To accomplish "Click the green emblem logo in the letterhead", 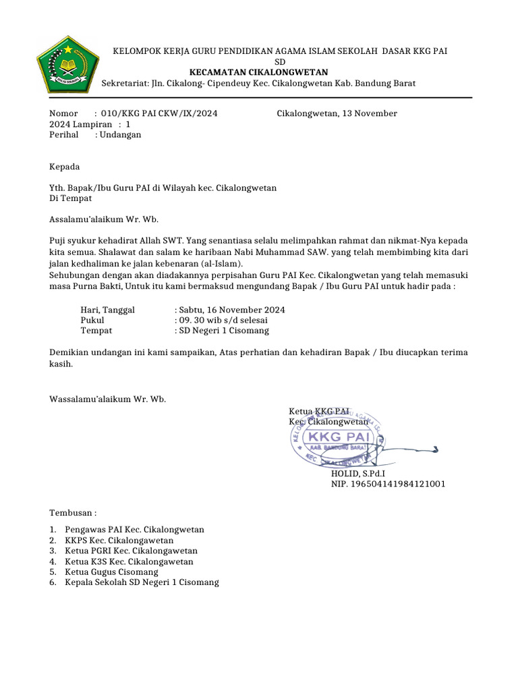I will tap(67, 66).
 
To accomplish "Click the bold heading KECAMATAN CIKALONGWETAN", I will tap(258, 72).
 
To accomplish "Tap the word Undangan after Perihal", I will tap(120, 134).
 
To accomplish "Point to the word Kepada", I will tap(65, 167).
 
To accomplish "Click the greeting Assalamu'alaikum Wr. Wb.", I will tap(103, 219).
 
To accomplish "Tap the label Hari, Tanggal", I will tap(108, 310).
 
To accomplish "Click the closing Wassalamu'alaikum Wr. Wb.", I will tap(107, 399).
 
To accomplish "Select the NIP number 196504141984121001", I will tap(388, 484).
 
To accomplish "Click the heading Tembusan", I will tap(73, 513).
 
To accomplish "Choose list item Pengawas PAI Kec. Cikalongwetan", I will tap(134, 530).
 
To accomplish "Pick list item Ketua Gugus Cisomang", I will tap(111, 572).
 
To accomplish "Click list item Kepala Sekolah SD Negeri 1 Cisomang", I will tap(142, 582).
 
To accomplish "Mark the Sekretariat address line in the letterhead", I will tap(258, 83).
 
